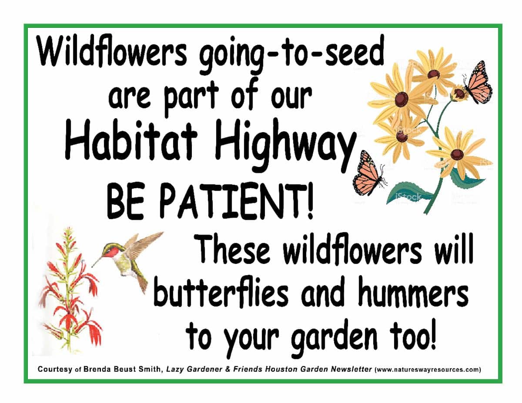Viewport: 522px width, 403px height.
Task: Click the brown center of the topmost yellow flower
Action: coord(434,74)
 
